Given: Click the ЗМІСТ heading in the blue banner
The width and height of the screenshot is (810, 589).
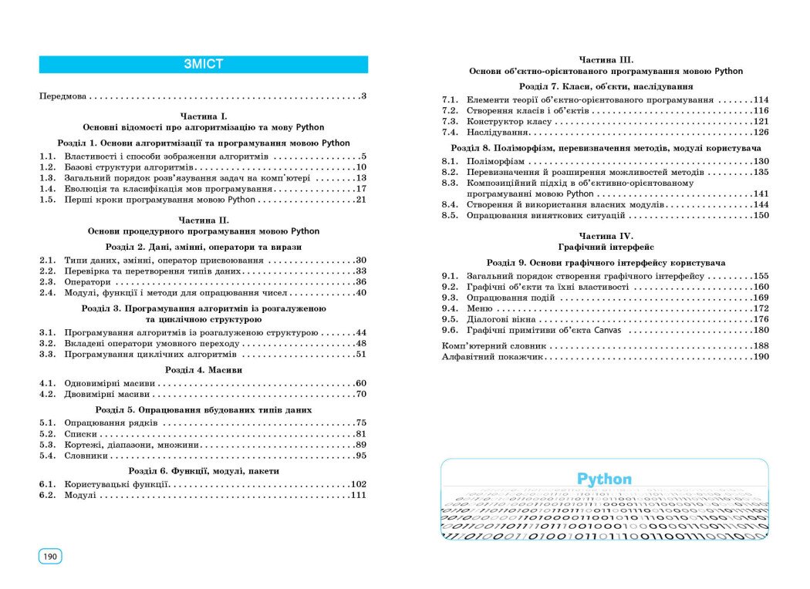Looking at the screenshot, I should tap(204, 65).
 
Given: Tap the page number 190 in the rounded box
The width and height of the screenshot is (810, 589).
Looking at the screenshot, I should tap(50, 557).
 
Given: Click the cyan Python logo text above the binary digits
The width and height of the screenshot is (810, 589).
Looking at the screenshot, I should tap(604, 479).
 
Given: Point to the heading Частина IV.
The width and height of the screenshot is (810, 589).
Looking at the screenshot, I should tap(606, 235).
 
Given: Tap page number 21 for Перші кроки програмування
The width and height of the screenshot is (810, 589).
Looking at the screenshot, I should tap(360, 200).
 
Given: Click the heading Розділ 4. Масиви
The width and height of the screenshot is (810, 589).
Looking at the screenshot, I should tap(204, 370).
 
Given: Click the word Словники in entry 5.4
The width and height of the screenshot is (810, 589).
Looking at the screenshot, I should tap(86, 456).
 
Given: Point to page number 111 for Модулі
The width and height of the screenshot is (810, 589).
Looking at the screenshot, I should tap(357, 496).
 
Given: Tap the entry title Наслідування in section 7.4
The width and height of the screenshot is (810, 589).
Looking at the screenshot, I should tap(494, 133).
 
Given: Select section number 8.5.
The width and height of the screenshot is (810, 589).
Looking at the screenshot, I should tap(450, 216).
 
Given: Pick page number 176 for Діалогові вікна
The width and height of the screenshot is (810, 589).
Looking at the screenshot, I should tap(761, 319).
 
